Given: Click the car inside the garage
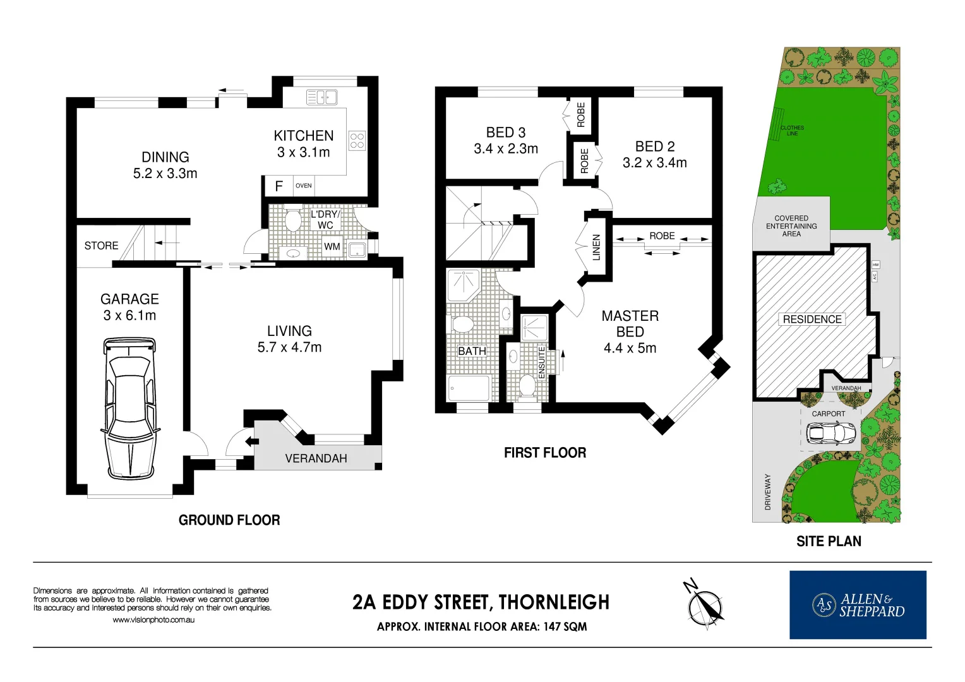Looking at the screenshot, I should click(129, 409).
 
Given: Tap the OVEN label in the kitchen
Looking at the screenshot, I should click(303, 186).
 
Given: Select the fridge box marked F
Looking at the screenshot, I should click(279, 186).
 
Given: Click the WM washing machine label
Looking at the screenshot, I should click(332, 246).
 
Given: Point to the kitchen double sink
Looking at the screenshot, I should click(321, 97).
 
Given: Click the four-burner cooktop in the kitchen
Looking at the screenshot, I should click(357, 140).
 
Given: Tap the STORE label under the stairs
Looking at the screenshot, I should click(101, 246).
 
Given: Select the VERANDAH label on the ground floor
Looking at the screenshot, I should click(316, 458).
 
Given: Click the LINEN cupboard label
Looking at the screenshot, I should click(596, 248).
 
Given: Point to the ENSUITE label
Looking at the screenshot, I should click(541, 362).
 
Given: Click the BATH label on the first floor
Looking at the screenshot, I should click(472, 351).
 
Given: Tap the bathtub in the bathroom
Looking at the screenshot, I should click(469, 388).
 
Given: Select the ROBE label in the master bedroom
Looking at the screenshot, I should click(662, 236).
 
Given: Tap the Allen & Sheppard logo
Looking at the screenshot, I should click(858, 605).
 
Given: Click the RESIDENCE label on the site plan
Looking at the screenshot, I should click(812, 320).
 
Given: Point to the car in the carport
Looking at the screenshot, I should click(830, 433).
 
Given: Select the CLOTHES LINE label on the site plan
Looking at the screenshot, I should click(792, 131).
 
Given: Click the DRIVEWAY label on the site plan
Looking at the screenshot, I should click(768, 492).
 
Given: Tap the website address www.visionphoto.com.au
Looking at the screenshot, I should click(153, 620).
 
